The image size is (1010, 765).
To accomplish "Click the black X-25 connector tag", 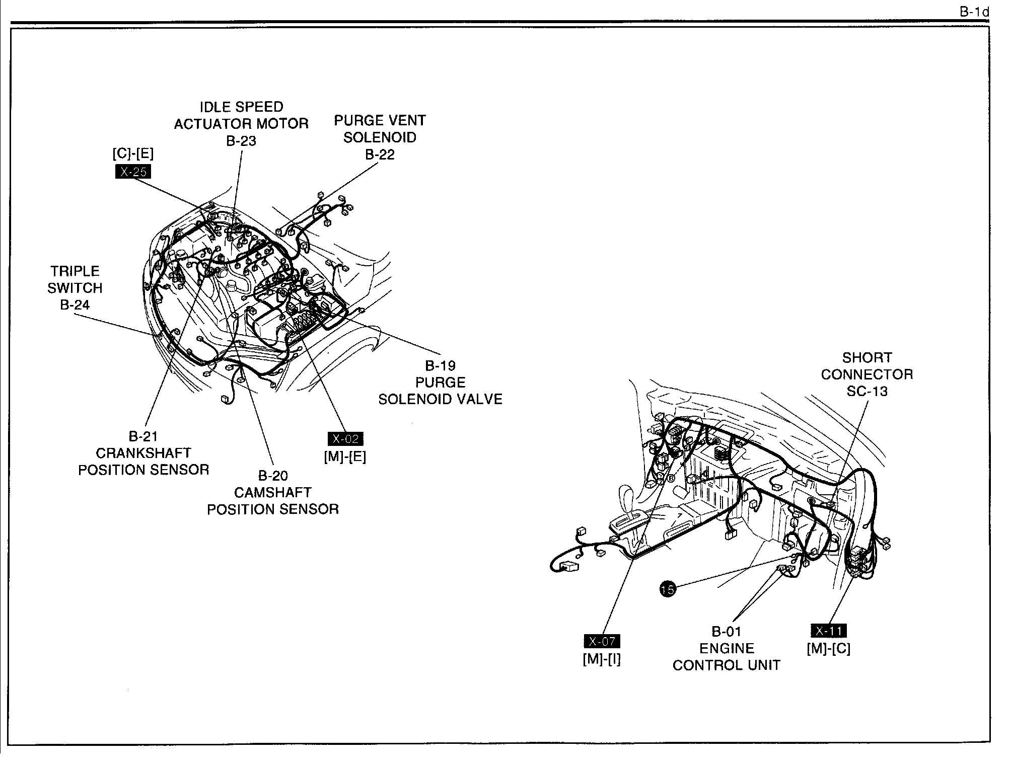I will [133, 172].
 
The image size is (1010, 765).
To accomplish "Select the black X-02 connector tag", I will [345, 439].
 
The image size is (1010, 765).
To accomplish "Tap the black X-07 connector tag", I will [602, 641].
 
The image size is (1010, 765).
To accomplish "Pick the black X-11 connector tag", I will [829, 631].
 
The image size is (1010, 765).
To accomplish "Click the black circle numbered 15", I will [668, 588].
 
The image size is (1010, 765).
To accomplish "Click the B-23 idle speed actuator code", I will [241, 141].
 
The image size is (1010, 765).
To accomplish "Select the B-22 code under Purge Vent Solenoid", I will [380, 155].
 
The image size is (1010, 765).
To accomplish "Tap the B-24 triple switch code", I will [75, 304].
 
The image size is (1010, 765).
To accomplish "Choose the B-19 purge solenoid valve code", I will [440, 365].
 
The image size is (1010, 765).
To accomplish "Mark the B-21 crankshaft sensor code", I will [143, 436].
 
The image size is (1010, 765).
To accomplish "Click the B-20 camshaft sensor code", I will [273, 476].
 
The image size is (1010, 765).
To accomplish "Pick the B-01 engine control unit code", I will [727, 631].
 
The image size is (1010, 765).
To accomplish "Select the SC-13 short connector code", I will [867, 391].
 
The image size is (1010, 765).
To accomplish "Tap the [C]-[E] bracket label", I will [133, 154].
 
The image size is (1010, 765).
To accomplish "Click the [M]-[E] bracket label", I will [345, 456].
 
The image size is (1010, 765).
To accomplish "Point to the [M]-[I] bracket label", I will [602, 659].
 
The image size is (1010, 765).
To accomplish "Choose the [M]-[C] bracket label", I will [829, 649].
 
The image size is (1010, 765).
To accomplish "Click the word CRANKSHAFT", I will [143, 453].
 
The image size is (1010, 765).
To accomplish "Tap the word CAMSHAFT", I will [273, 492].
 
